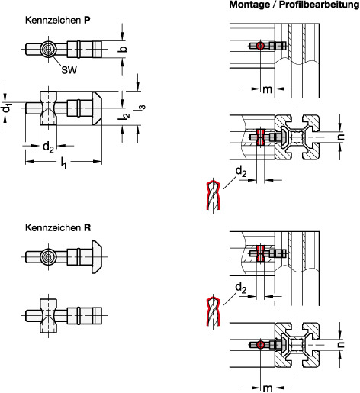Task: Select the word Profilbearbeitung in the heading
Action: (x=320, y=5)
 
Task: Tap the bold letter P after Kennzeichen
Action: (x=87, y=21)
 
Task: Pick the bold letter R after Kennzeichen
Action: (x=88, y=227)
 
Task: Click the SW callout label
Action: (x=69, y=70)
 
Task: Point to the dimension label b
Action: (x=123, y=49)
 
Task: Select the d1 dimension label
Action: (x=8, y=108)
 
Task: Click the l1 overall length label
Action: (x=63, y=163)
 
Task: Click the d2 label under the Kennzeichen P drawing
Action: (x=48, y=147)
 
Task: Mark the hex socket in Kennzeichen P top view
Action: (x=48, y=49)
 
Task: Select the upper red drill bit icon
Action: (x=213, y=194)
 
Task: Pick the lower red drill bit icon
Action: (x=213, y=311)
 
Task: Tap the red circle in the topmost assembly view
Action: (x=260, y=46)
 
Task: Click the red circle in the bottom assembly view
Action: (x=260, y=345)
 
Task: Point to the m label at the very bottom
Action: (x=267, y=388)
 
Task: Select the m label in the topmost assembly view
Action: (x=267, y=89)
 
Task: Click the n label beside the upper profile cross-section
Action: (x=341, y=137)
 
